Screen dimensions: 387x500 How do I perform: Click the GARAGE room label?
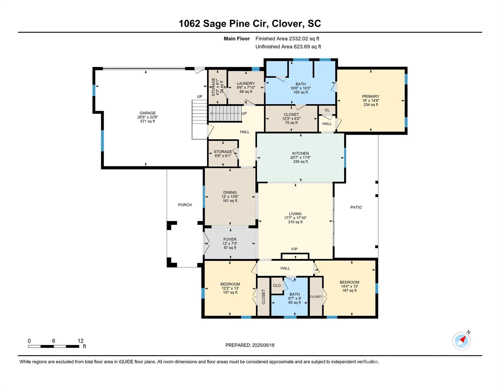click(148, 113)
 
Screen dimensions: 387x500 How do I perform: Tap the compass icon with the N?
click(462, 341)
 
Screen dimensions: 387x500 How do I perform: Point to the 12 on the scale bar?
click(80, 341)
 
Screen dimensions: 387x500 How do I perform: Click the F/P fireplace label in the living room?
click(294, 249)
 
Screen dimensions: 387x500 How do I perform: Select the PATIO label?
click(356, 207)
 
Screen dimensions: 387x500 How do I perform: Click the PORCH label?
click(185, 205)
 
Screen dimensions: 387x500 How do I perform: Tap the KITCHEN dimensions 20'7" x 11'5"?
click(300, 157)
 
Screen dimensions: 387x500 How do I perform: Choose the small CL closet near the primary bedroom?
click(327, 110)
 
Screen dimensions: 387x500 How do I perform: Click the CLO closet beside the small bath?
click(277, 285)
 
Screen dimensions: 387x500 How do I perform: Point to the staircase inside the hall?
click(225, 114)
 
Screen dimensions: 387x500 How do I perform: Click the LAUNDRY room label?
click(246, 83)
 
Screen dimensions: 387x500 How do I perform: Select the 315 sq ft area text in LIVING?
click(295, 222)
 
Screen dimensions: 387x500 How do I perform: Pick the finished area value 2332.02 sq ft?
click(304, 39)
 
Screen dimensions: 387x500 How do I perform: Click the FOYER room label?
click(230, 239)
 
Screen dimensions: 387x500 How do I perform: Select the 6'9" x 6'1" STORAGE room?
click(223, 154)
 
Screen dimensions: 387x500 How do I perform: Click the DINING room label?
click(230, 192)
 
